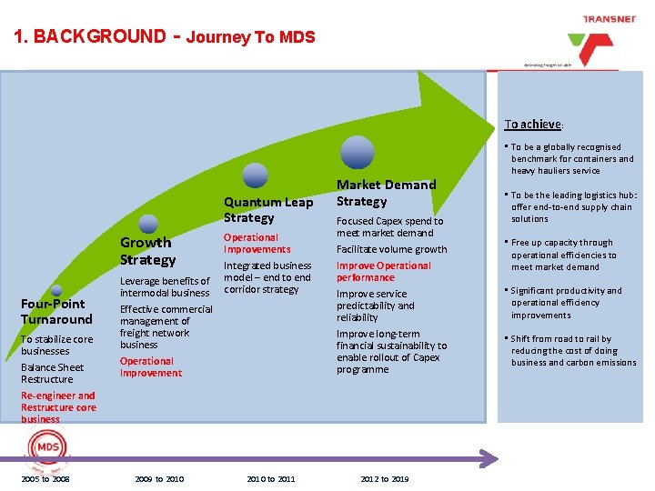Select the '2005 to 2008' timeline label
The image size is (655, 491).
pyautogui.click(x=45, y=479)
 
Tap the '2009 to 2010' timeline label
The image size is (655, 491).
pyautogui.click(x=159, y=479)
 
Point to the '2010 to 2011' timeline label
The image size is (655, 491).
pyautogui.click(x=271, y=479)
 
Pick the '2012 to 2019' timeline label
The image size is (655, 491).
pyautogui.click(x=384, y=479)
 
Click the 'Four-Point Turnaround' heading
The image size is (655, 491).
pyautogui.click(x=56, y=312)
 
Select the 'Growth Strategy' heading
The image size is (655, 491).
pyautogui.click(x=148, y=251)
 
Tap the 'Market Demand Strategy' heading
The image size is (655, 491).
pyautogui.click(x=387, y=193)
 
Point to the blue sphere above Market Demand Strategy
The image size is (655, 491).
pyautogui.click(x=358, y=152)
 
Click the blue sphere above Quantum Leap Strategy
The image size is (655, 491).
pyautogui.click(x=256, y=175)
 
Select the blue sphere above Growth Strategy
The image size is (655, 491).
pyautogui.click(x=147, y=224)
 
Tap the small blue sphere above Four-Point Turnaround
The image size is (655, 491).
pyautogui.click(x=56, y=290)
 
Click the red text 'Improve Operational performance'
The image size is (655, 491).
pyautogui.click(x=384, y=272)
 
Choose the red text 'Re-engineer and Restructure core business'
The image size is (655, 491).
pyautogui.click(x=58, y=407)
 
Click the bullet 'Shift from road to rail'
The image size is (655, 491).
pyautogui.click(x=573, y=351)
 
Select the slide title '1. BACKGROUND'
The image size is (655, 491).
pyautogui.click(x=90, y=37)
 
